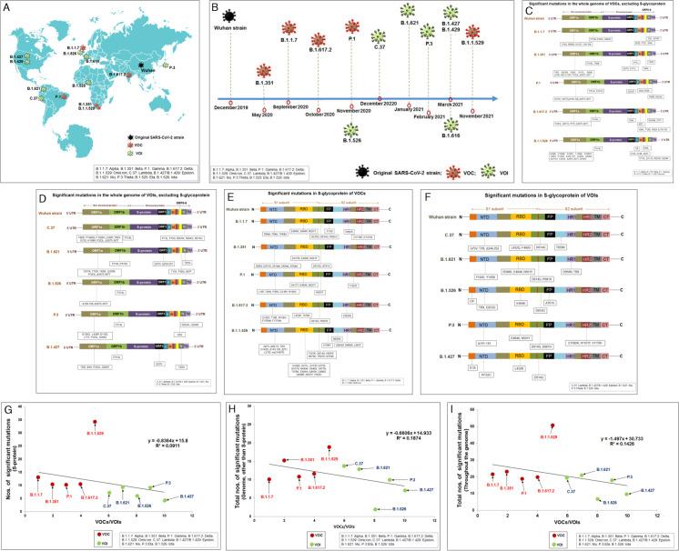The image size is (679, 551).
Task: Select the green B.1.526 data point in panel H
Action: coord(375,512)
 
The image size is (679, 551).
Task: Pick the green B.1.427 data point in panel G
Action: coord(166,499)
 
